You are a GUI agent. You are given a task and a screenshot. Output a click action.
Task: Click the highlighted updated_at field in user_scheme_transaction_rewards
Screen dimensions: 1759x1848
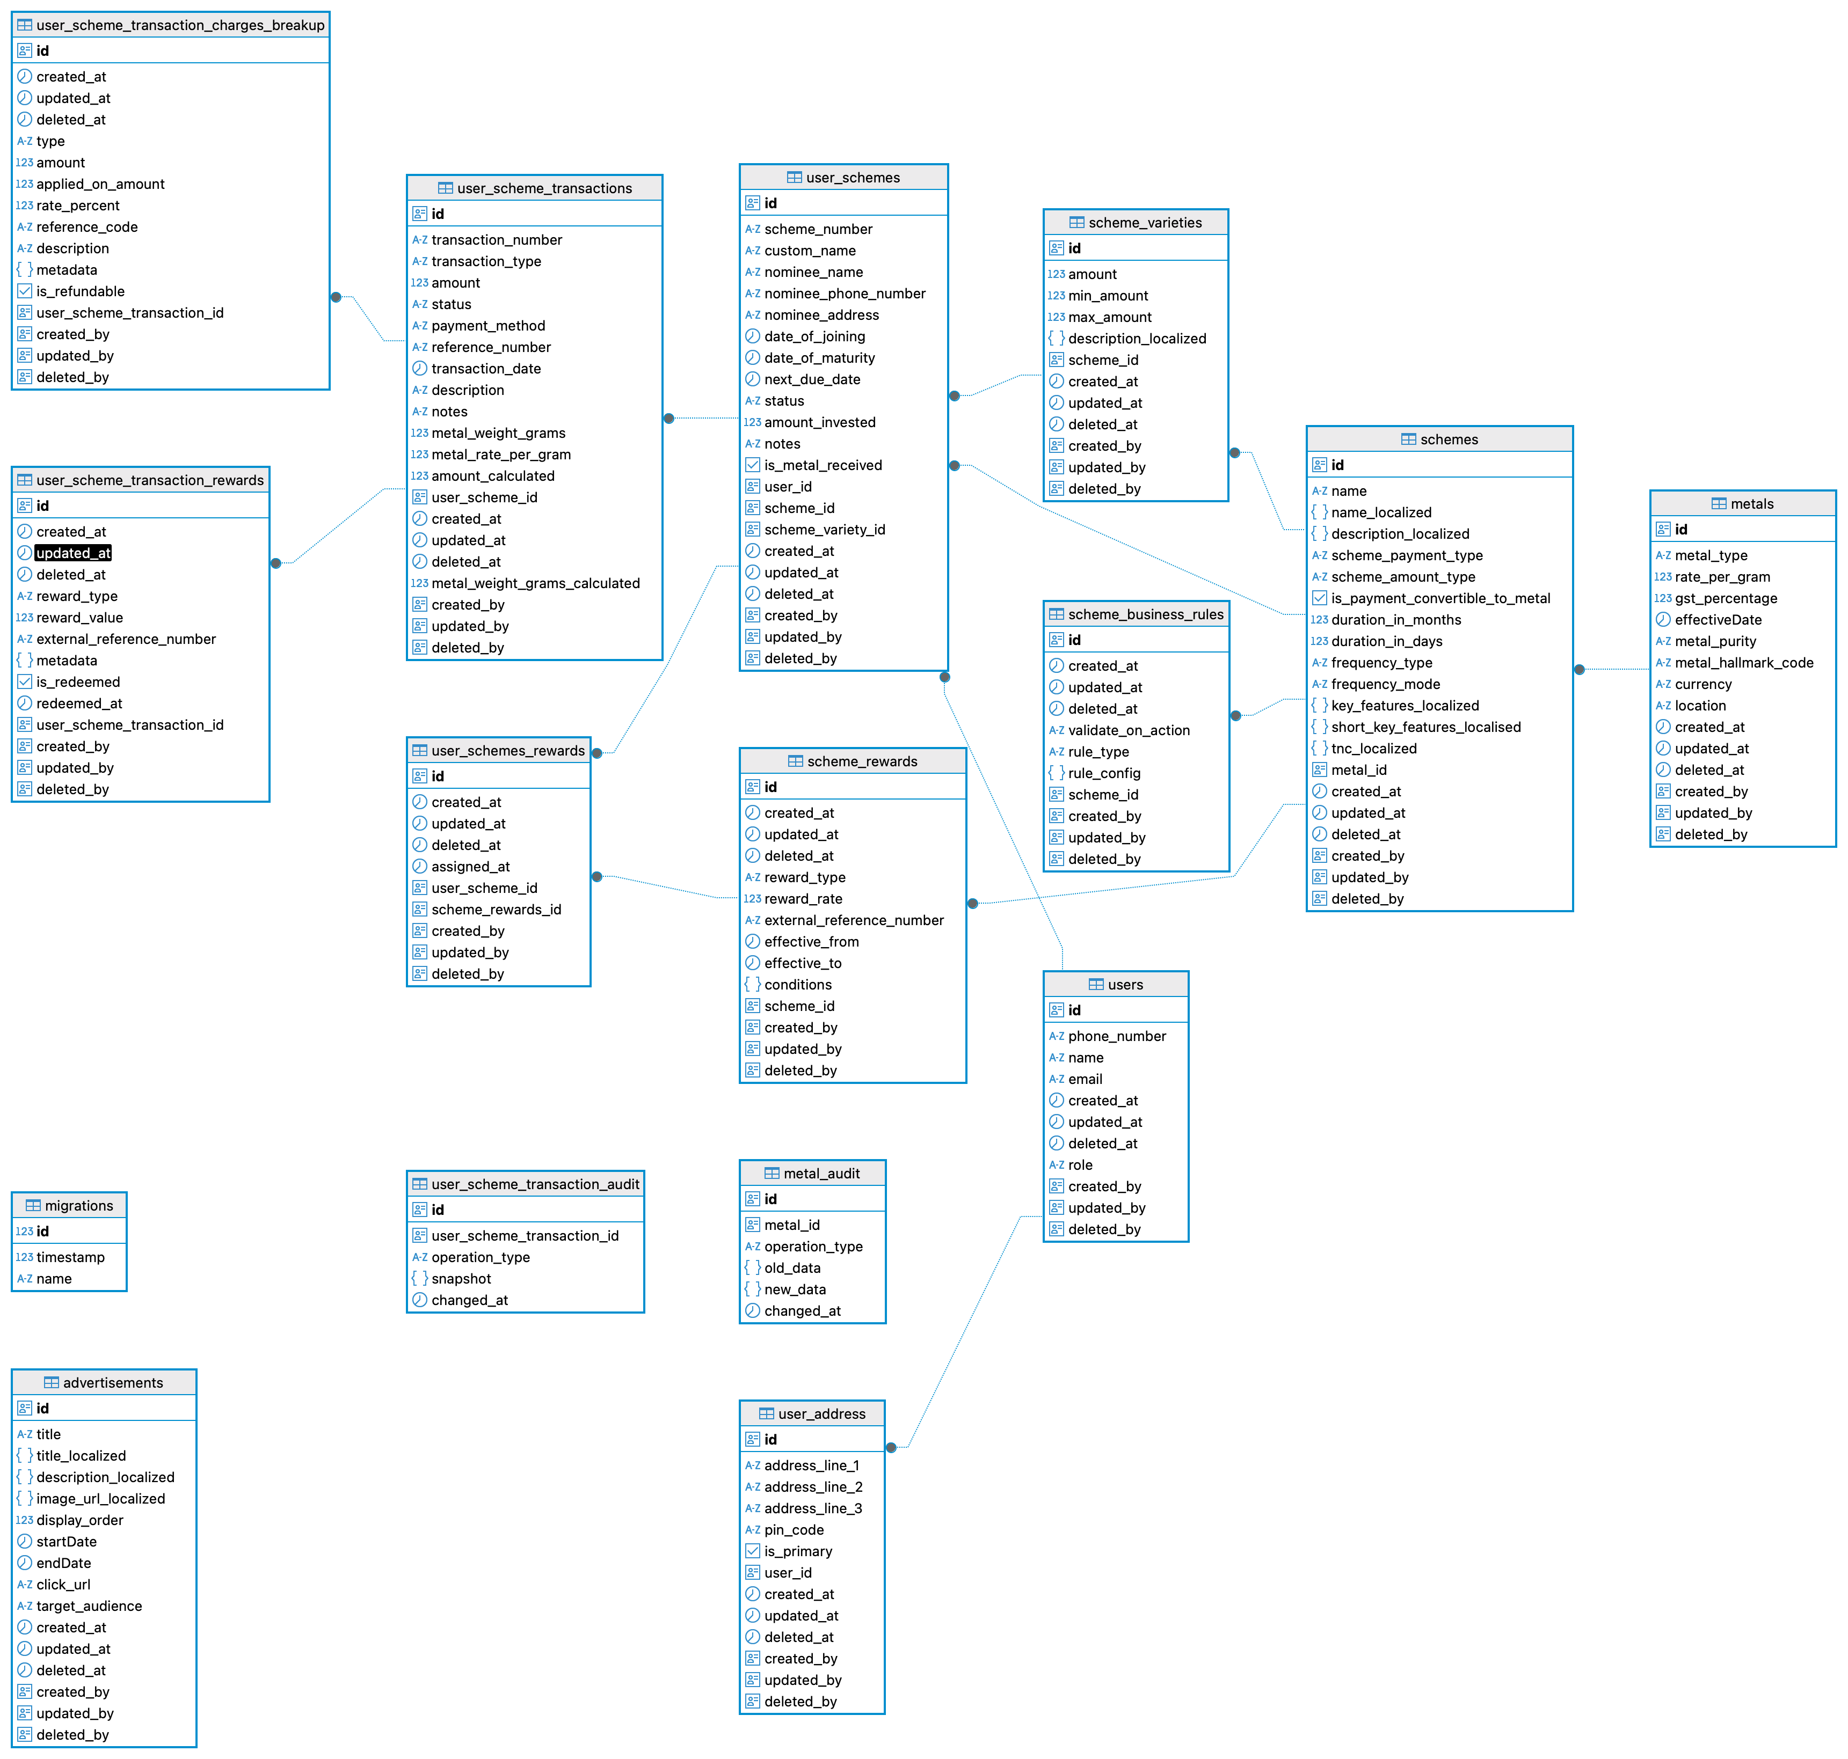point(73,553)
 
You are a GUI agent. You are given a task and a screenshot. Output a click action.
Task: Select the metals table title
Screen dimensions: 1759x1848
point(1750,503)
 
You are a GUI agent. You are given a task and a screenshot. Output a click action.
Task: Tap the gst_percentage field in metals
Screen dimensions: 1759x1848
point(1725,598)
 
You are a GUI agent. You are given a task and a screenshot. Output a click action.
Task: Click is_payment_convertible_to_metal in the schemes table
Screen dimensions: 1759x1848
point(1440,598)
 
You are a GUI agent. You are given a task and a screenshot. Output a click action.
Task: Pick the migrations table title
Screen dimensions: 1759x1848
point(79,1206)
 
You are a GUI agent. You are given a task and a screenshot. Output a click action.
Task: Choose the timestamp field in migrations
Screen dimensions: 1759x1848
point(70,1257)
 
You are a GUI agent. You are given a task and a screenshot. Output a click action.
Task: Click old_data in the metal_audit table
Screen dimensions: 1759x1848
point(792,1267)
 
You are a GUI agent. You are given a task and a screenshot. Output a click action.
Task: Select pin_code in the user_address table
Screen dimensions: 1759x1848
point(794,1530)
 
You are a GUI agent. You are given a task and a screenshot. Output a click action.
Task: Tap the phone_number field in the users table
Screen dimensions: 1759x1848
point(1116,1036)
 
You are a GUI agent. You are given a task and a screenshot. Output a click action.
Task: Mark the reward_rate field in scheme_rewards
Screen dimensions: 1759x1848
point(803,899)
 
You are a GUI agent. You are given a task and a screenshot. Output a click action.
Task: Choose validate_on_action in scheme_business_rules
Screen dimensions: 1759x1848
point(1129,730)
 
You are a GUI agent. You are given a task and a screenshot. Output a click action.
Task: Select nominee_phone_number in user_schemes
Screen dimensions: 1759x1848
point(844,294)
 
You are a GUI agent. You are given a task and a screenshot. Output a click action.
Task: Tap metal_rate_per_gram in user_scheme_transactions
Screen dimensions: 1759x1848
point(501,455)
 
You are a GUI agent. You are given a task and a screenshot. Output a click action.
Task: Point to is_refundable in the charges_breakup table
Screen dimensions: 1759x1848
point(80,291)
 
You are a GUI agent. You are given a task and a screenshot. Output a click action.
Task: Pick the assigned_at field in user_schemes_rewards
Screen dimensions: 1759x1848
point(470,867)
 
